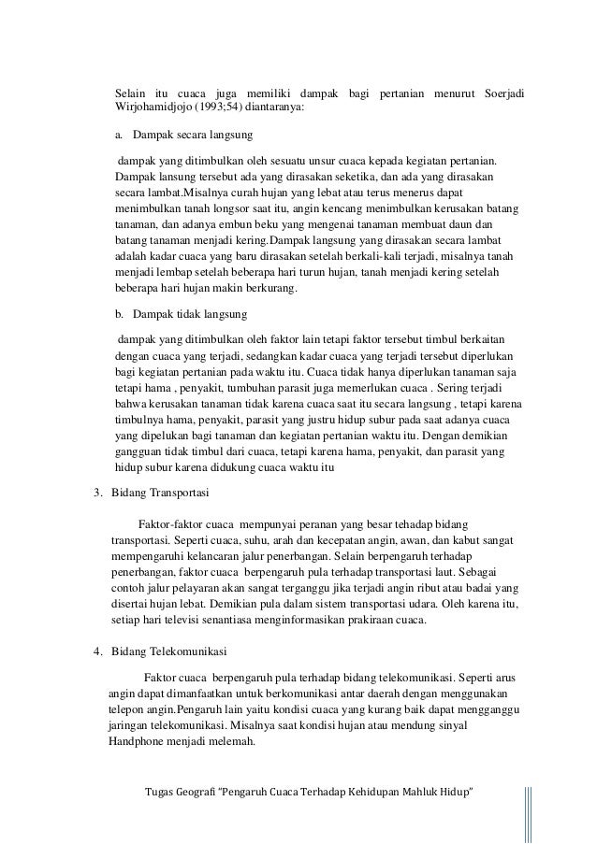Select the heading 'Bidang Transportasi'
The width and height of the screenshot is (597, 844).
click(x=160, y=492)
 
